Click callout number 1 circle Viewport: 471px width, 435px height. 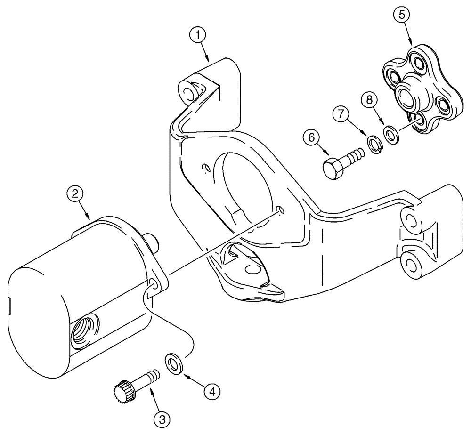199,34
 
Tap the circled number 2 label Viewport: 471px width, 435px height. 75,193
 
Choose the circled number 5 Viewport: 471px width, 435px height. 402,16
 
